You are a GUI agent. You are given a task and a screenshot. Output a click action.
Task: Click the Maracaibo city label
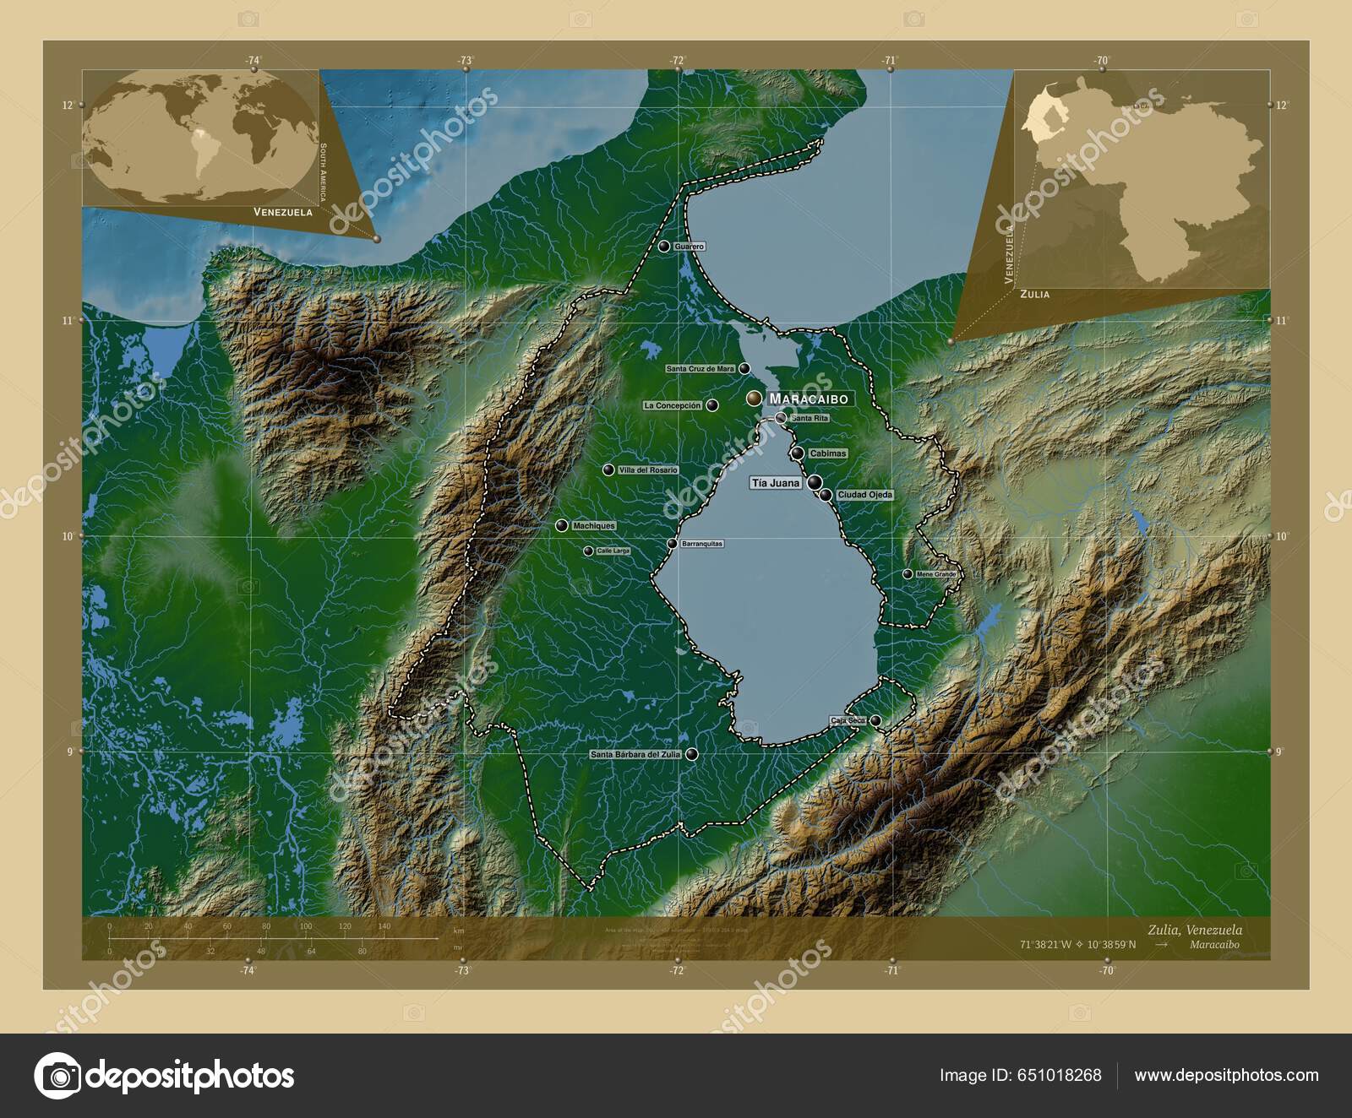pyautogui.click(x=809, y=399)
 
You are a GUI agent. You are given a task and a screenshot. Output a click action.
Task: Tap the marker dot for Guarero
pyautogui.click(x=665, y=247)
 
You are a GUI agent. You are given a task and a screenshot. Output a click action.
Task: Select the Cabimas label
pyautogui.click(x=827, y=453)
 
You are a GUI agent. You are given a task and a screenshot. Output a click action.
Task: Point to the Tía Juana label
pyautogui.click(x=775, y=483)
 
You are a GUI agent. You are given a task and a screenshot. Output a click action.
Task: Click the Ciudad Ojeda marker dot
pyautogui.click(x=826, y=495)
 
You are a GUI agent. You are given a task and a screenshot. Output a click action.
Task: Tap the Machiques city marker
pyautogui.click(x=561, y=526)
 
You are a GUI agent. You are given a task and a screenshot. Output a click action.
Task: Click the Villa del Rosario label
pyautogui.click(x=648, y=469)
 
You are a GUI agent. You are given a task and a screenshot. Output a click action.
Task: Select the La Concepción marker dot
pyautogui.click(x=713, y=405)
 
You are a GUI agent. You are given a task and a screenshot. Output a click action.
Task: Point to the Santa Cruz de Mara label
pyautogui.click(x=701, y=369)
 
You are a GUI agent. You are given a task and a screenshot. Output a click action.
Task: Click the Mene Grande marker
pyautogui.click(x=908, y=574)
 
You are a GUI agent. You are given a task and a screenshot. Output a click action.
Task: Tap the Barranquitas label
pyautogui.click(x=702, y=544)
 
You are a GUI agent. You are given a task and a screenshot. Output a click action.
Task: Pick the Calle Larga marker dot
pyautogui.click(x=588, y=551)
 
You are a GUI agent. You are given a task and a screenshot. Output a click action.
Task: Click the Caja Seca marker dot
pyautogui.click(x=876, y=720)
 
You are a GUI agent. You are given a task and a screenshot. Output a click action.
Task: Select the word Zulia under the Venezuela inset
pyautogui.click(x=1034, y=294)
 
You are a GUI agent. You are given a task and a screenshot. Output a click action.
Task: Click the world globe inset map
pyautogui.click(x=203, y=137)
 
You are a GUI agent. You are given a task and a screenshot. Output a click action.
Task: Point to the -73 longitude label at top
pyautogui.click(x=465, y=61)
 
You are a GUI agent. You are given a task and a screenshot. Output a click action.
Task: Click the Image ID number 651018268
pyautogui.click(x=1060, y=1075)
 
